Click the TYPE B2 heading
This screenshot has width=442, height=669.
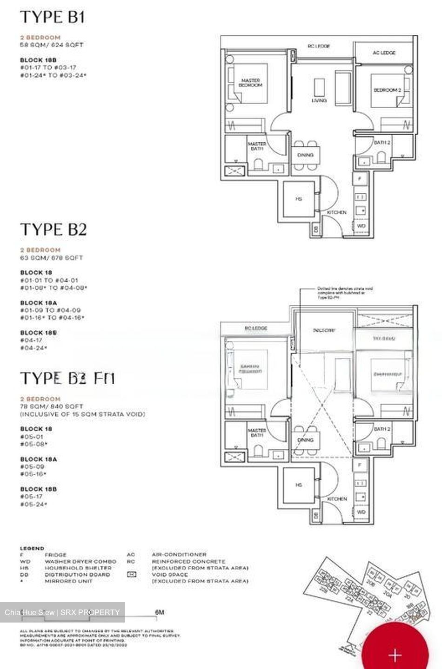[x=54, y=230]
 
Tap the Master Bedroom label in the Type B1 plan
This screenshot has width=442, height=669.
[x=250, y=83]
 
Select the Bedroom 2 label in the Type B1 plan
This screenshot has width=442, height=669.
[x=387, y=90]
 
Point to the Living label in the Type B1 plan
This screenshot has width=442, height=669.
[x=319, y=100]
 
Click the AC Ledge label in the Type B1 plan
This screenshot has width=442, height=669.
[x=384, y=53]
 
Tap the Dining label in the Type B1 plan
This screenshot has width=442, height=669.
[x=305, y=155]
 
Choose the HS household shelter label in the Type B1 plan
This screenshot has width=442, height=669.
[x=299, y=199]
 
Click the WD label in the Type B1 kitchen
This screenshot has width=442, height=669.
[x=361, y=226]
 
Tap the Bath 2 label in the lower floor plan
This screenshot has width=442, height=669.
[x=382, y=429]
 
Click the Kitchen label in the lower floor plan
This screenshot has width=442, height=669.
[x=337, y=498]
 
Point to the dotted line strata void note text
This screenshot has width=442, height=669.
[x=344, y=293]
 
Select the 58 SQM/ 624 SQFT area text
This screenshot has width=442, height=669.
[x=52, y=45]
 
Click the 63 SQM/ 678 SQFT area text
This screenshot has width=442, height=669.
[x=52, y=258]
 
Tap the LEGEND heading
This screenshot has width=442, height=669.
[x=32, y=548]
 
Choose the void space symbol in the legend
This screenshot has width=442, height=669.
[x=131, y=575]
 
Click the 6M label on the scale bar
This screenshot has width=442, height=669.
[x=159, y=612]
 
